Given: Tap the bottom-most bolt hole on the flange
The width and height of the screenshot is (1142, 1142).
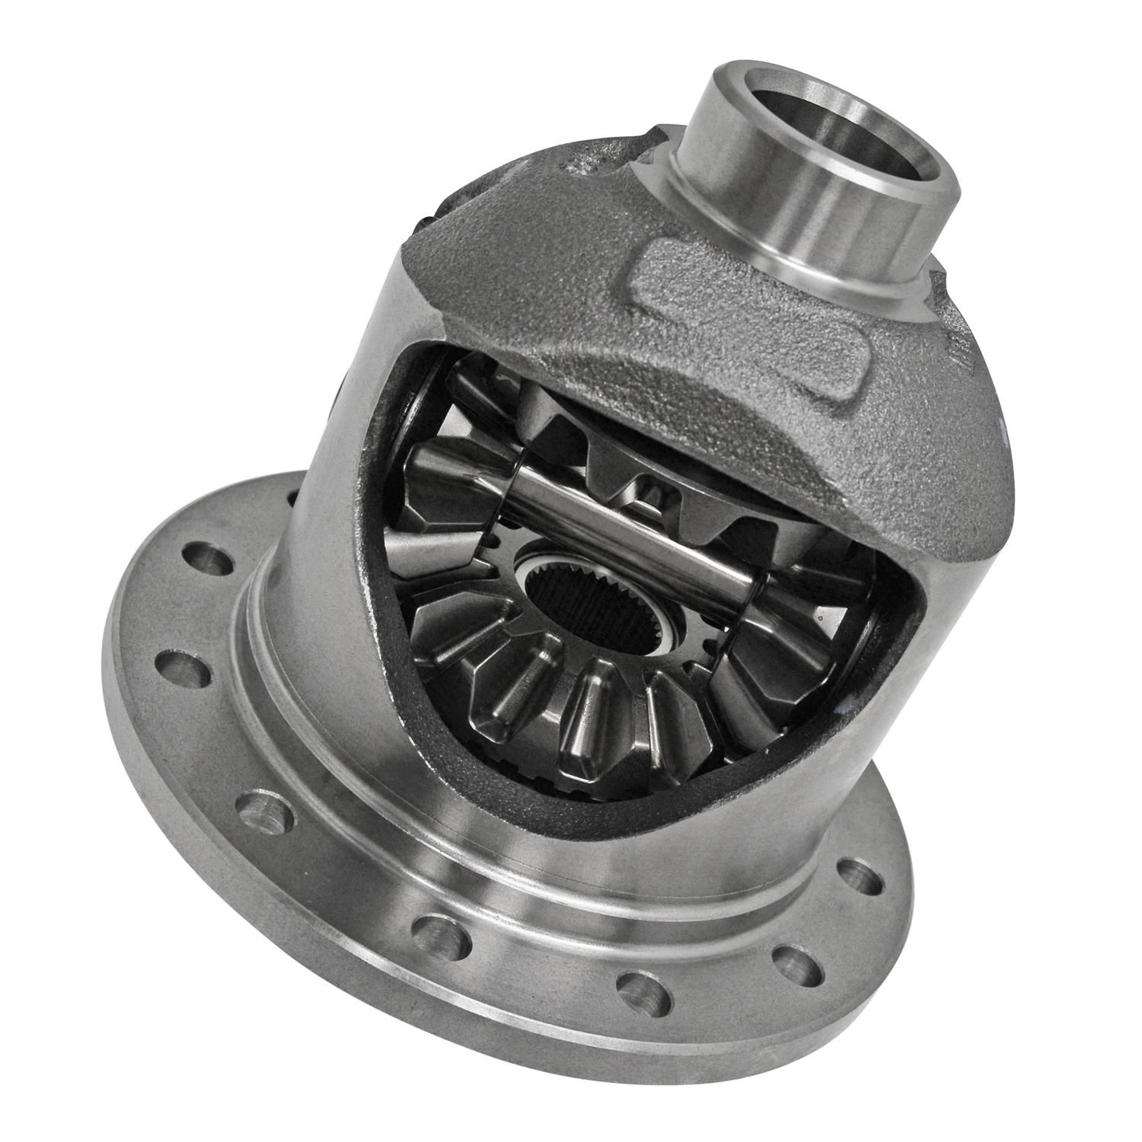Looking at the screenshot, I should (x=637, y=987).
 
